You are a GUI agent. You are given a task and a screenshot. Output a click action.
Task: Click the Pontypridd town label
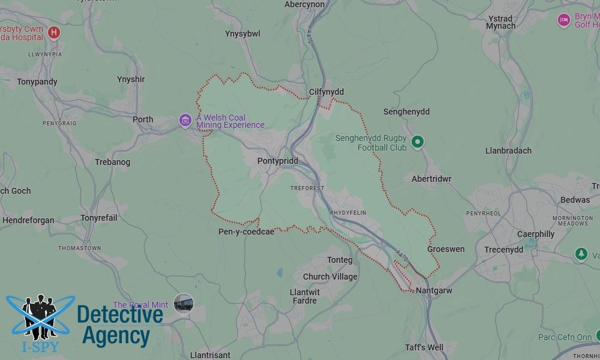point(277,161)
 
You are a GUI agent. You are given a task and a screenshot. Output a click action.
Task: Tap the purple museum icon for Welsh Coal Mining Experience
point(185,121)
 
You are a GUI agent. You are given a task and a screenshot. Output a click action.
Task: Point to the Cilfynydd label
point(326,92)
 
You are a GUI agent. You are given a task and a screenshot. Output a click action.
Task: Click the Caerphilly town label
point(536,234)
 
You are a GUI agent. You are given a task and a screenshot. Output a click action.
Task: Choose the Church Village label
point(330,277)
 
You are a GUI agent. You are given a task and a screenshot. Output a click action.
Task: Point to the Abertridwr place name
point(431,179)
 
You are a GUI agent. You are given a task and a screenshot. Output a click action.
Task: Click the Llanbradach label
point(508,151)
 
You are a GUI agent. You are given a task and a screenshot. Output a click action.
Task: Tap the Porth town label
point(143,119)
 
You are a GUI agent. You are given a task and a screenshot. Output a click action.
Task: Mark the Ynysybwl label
point(242,34)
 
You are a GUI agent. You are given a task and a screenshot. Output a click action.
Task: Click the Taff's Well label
point(424,347)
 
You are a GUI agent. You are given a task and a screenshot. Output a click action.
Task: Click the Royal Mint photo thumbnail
point(184,303)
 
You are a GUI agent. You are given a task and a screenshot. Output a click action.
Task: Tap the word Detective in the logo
point(120,314)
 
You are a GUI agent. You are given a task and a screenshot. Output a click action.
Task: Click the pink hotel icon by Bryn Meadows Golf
point(563,20)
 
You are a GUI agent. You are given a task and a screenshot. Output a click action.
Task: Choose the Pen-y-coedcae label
point(246,232)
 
